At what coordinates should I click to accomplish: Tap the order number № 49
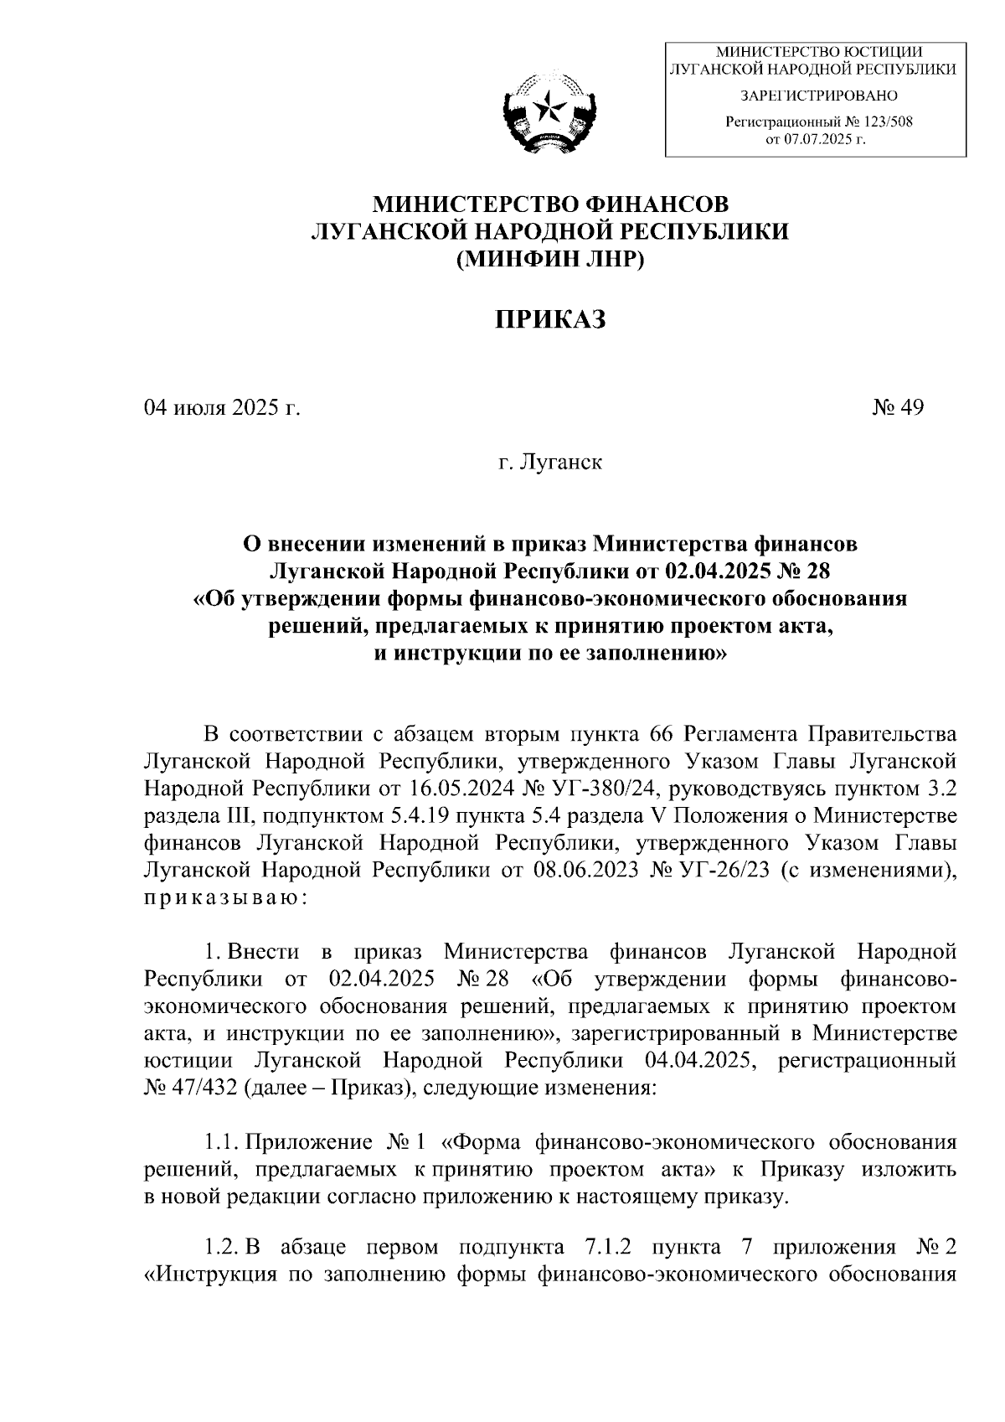coord(898,408)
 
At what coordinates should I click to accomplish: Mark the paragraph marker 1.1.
coord(224,1142)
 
